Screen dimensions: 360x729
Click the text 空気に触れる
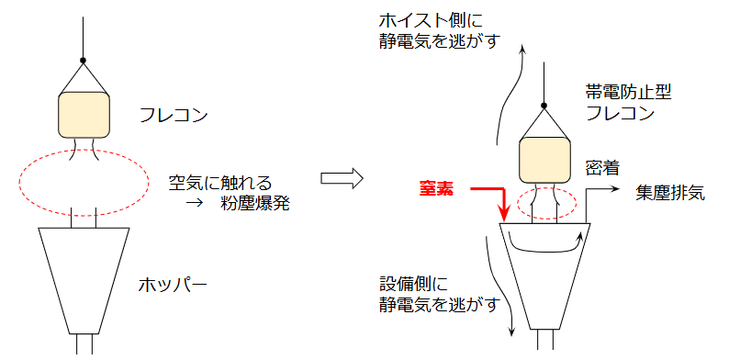coord(221,183)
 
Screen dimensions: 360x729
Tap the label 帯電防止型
coord(621,93)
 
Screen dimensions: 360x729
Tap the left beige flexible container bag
coord(84,114)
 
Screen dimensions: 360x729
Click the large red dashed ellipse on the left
coord(83,179)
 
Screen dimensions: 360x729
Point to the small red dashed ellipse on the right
coord(547,206)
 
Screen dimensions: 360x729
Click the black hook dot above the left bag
coord(84,62)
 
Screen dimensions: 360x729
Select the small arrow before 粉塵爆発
coord(193,205)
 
